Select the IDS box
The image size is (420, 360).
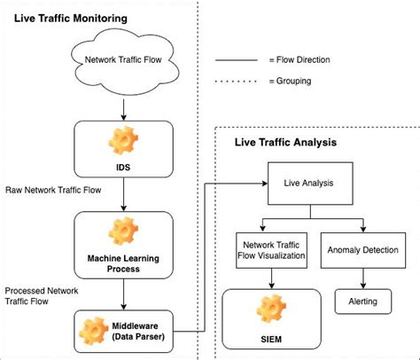click(x=121, y=148)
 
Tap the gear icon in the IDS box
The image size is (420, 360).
click(x=121, y=139)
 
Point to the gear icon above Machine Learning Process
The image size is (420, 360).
click(x=121, y=230)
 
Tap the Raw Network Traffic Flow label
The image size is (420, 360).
click(x=54, y=189)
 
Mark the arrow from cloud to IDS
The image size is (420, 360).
click(x=121, y=108)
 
